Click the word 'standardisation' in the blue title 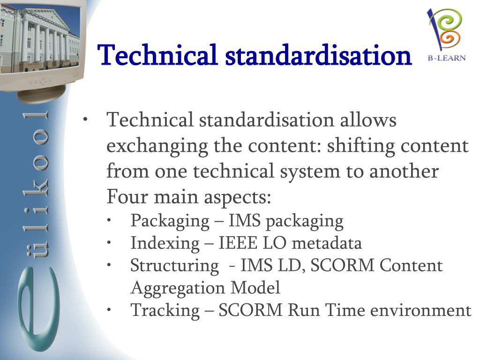click(318, 55)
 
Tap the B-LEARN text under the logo click(446, 58)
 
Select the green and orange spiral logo click(445, 29)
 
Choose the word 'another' click(404, 172)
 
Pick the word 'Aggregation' click(178, 288)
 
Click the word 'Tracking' click(165, 310)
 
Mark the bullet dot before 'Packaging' click(109, 221)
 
